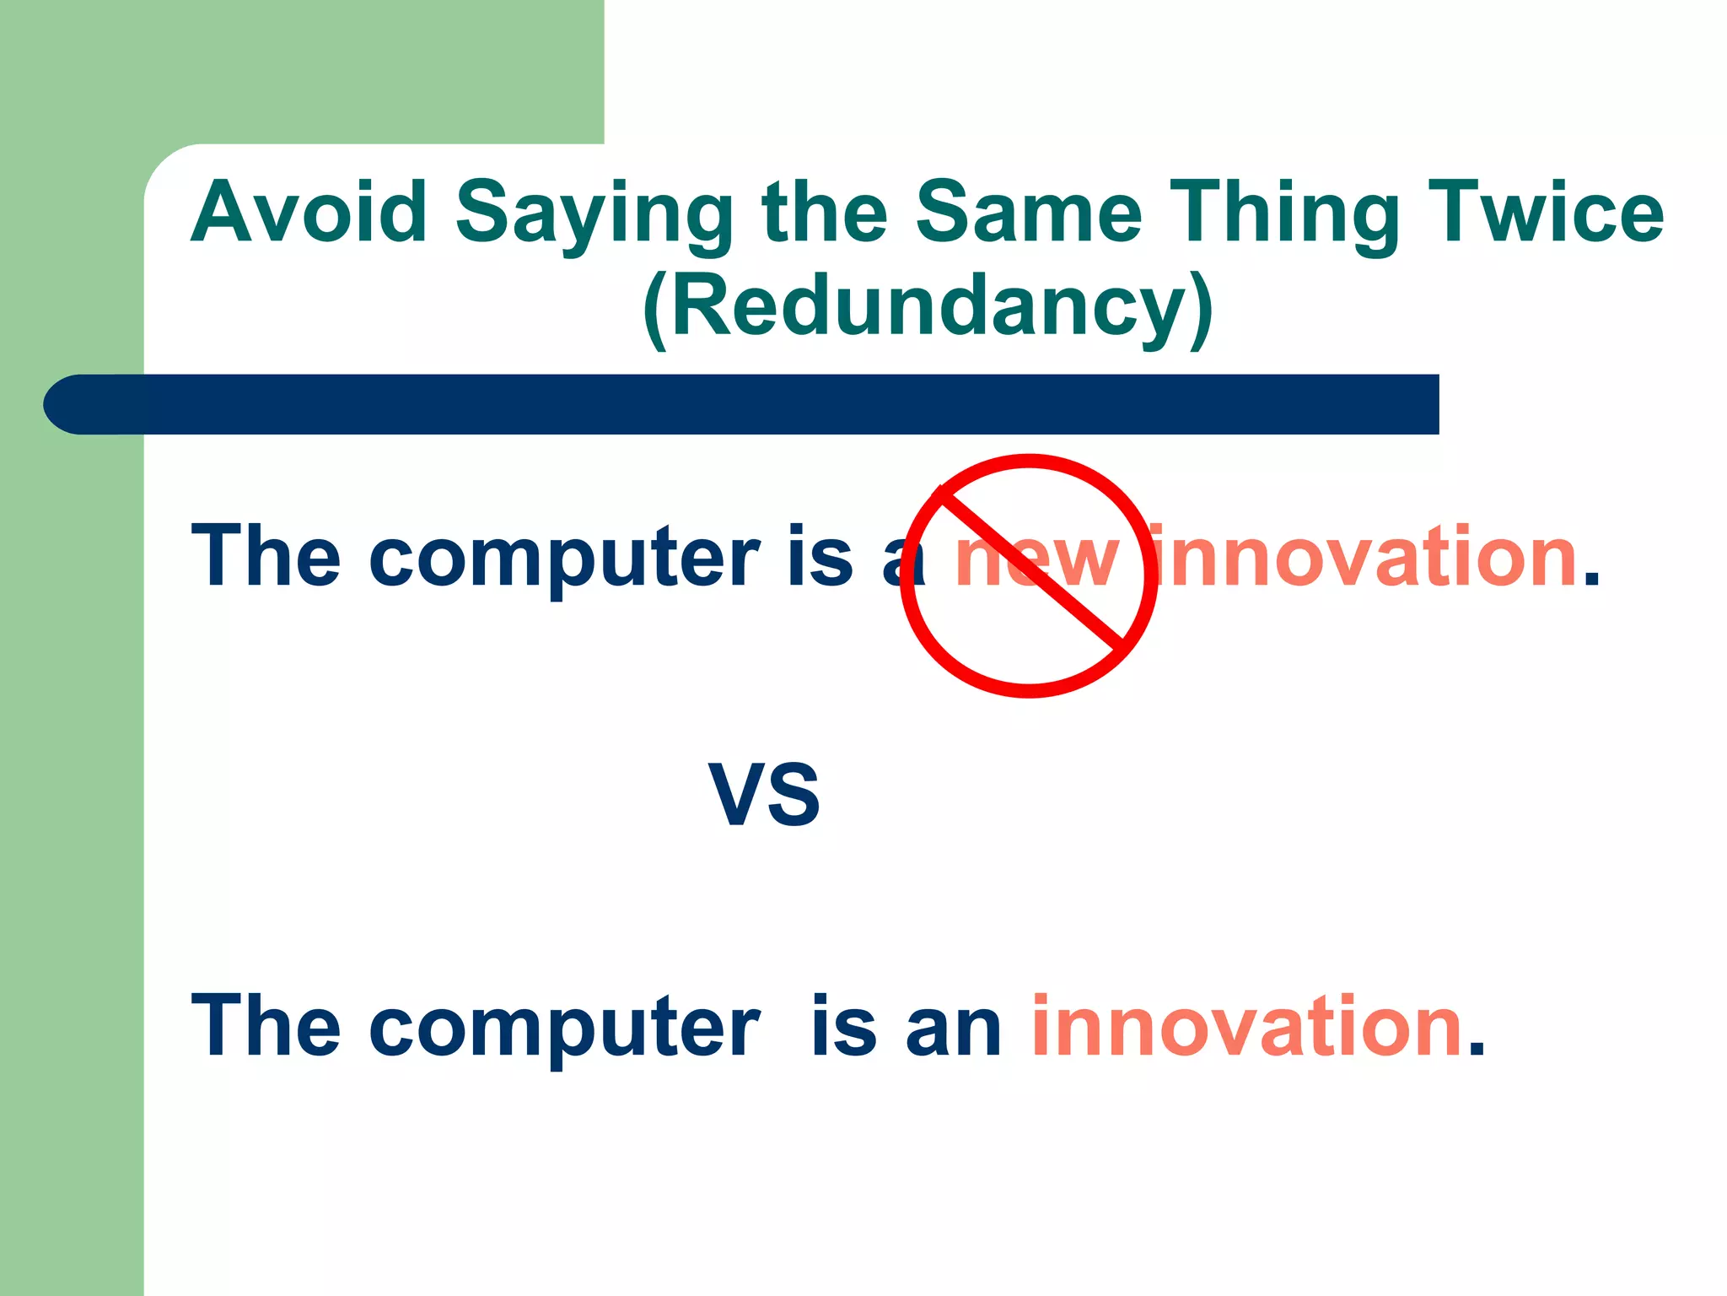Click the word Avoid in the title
pyautogui.click(x=309, y=212)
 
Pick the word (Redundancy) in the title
pyautogui.click(x=927, y=308)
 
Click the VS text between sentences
pyautogui.click(x=764, y=795)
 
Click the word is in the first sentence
pyautogui.click(x=820, y=557)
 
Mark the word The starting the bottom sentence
pyautogui.click(x=266, y=1026)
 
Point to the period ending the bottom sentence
pyautogui.click(x=1477, y=1050)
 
